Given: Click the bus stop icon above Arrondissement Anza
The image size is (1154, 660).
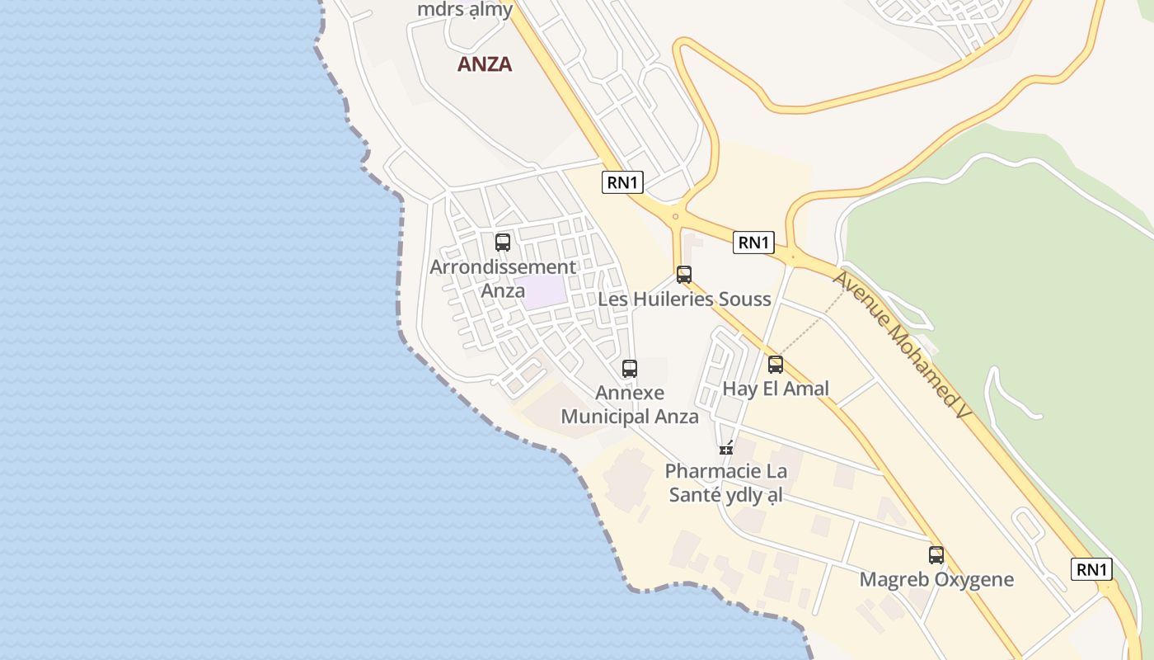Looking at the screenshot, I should pyautogui.click(x=502, y=243).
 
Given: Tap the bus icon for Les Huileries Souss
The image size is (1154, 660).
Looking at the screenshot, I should pyautogui.click(x=683, y=275).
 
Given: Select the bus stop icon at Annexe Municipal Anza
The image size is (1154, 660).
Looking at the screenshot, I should pyautogui.click(x=629, y=369).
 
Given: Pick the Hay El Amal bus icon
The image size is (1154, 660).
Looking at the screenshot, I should pyautogui.click(x=775, y=365).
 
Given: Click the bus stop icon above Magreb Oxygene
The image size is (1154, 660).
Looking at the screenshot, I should pyautogui.click(x=936, y=555).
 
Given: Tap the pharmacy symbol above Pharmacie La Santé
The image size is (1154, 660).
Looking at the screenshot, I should pyautogui.click(x=726, y=448).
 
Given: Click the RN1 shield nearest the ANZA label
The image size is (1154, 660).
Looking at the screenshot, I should pyautogui.click(x=623, y=182).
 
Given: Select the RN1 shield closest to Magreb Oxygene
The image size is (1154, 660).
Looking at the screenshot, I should pyautogui.click(x=1092, y=569).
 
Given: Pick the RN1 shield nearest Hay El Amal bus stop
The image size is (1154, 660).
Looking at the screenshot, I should pyautogui.click(x=754, y=242).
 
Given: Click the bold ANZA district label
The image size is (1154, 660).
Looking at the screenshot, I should pyautogui.click(x=485, y=64).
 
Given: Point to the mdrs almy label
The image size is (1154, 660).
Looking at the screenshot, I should pyautogui.click(x=465, y=10).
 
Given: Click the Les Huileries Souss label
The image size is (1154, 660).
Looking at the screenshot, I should pyautogui.click(x=684, y=299).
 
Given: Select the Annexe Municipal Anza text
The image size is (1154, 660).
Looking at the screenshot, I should pyautogui.click(x=630, y=405).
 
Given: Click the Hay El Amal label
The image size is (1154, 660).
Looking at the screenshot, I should pyautogui.click(x=776, y=389).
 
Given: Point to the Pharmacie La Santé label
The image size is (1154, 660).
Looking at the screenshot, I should pyautogui.click(x=726, y=483).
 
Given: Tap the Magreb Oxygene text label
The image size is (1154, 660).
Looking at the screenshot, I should pyautogui.click(x=936, y=579).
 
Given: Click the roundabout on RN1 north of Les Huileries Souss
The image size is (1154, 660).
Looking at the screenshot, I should pyautogui.click(x=675, y=216).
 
